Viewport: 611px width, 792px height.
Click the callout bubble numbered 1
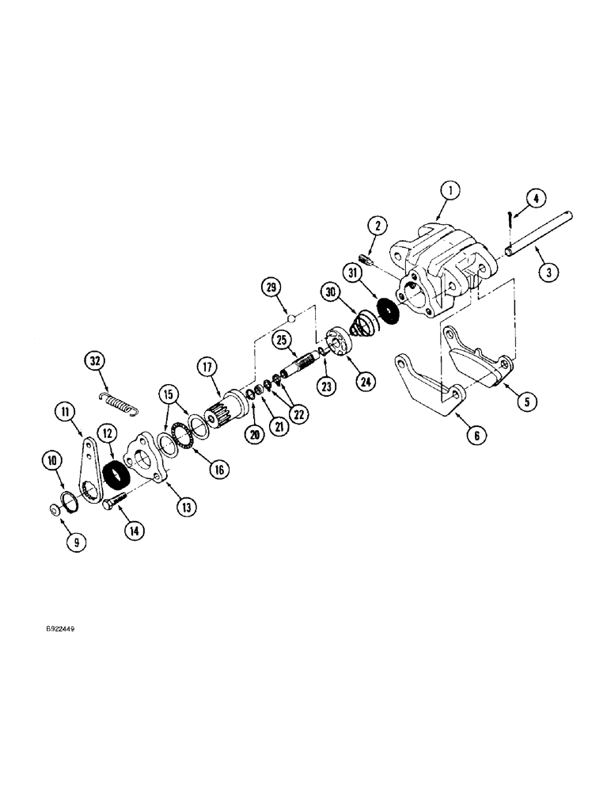[x=449, y=191]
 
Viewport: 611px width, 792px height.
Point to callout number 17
[x=207, y=367]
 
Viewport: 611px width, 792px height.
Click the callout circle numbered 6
[x=476, y=435]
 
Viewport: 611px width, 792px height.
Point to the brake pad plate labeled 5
[x=475, y=357]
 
